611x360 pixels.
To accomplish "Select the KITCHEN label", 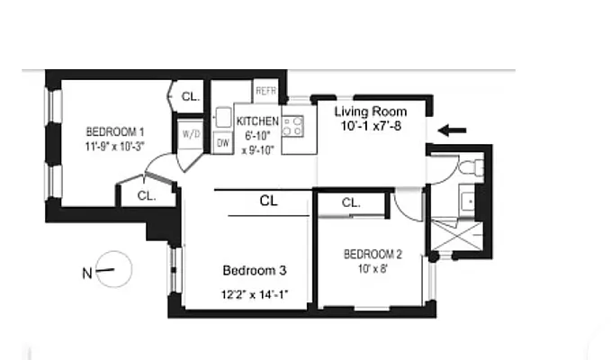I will pyautogui.click(x=256, y=121).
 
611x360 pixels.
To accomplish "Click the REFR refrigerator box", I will pyautogui.click(x=265, y=92).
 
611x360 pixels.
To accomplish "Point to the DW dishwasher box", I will pyautogui.click(x=222, y=141).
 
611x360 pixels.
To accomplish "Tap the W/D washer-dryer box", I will pyautogui.click(x=191, y=134).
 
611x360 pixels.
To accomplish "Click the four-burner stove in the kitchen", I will pyautogui.click(x=293, y=127).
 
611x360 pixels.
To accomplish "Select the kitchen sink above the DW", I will pyautogui.click(x=222, y=116).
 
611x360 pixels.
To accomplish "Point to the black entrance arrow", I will pyautogui.click(x=453, y=130).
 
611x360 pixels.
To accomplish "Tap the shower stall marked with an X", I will pyautogui.click(x=460, y=237).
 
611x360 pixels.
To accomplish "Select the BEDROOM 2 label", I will pyautogui.click(x=373, y=255).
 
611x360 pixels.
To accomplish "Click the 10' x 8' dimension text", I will pyautogui.click(x=373, y=268).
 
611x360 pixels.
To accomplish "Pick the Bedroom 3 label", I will pyautogui.click(x=255, y=270).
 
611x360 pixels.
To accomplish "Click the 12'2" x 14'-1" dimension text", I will pyautogui.click(x=255, y=293).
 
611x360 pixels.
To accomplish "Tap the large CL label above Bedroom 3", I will pyautogui.click(x=268, y=202).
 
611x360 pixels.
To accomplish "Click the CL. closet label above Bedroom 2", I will pyautogui.click(x=351, y=203).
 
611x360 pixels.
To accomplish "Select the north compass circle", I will pyautogui.click(x=113, y=269).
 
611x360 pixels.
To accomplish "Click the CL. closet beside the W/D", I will pyautogui.click(x=191, y=96).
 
